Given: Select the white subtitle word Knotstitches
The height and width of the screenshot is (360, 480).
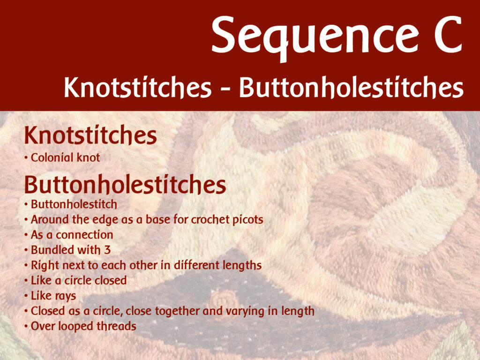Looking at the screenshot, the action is (138, 87).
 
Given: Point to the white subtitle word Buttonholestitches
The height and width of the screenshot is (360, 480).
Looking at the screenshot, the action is (351, 87).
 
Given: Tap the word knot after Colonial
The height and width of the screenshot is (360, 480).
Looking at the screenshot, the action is (89, 157).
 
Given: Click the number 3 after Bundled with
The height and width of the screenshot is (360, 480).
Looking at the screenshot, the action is (107, 250).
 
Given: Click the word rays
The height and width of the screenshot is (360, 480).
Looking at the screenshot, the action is (66, 296).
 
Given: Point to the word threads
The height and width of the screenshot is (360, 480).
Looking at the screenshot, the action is (116, 326).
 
